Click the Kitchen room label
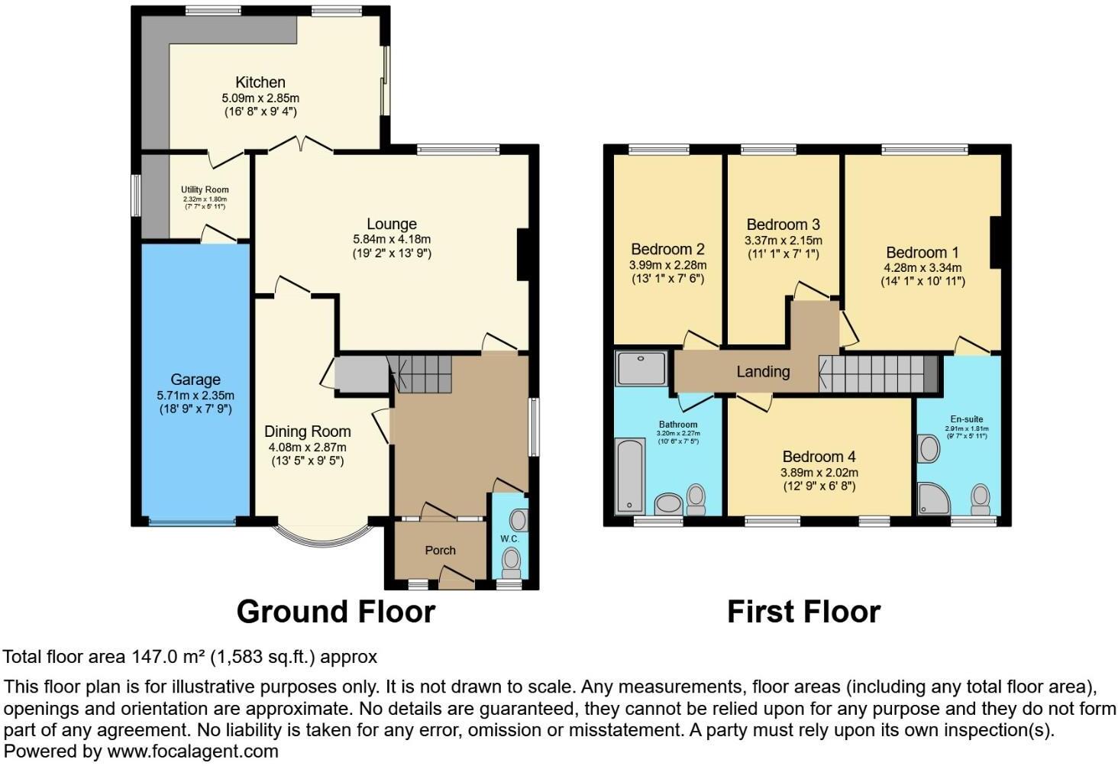(x=260, y=82)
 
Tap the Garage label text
(x=195, y=380)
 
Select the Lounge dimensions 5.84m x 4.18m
(x=392, y=239)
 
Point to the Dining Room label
(x=307, y=431)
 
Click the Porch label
(x=440, y=550)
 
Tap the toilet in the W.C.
(x=510, y=564)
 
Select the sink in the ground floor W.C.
(x=519, y=521)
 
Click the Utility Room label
(x=205, y=189)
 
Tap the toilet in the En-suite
(x=980, y=499)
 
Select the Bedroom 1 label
(x=922, y=253)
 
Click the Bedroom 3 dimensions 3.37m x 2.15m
(x=783, y=240)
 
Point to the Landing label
(x=762, y=372)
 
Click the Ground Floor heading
(x=335, y=612)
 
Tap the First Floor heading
(x=803, y=612)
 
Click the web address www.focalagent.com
(x=192, y=751)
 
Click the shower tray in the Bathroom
(x=641, y=368)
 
